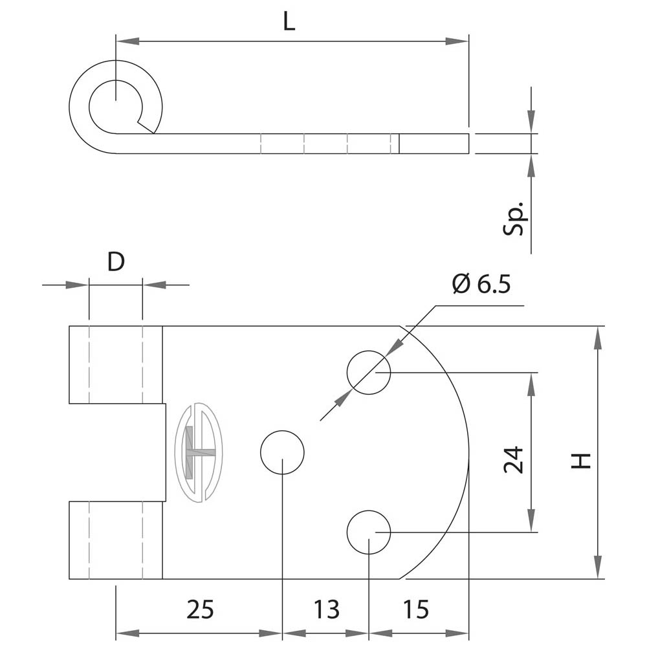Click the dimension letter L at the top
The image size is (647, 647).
pyautogui.click(x=289, y=23)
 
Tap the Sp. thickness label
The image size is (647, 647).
pyautogui.click(x=516, y=221)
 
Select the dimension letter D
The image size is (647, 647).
pyautogui.click(x=115, y=262)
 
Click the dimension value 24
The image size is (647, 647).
pyautogui.click(x=514, y=460)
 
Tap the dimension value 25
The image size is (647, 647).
pyautogui.click(x=200, y=609)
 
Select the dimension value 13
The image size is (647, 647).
pyautogui.click(x=326, y=609)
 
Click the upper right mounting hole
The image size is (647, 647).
pyautogui.click(x=369, y=373)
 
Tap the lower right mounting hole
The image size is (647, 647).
pyautogui.click(x=369, y=532)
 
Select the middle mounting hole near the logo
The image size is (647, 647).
pyautogui.click(x=282, y=452)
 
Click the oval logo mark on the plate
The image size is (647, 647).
pyautogui.click(x=198, y=452)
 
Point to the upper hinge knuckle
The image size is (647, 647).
pyautogui.click(x=116, y=364)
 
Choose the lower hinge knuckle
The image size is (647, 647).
pyautogui.click(x=116, y=540)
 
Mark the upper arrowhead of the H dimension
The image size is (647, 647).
pyautogui.click(x=598, y=336)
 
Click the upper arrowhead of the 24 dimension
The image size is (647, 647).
pyautogui.click(x=531, y=383)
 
